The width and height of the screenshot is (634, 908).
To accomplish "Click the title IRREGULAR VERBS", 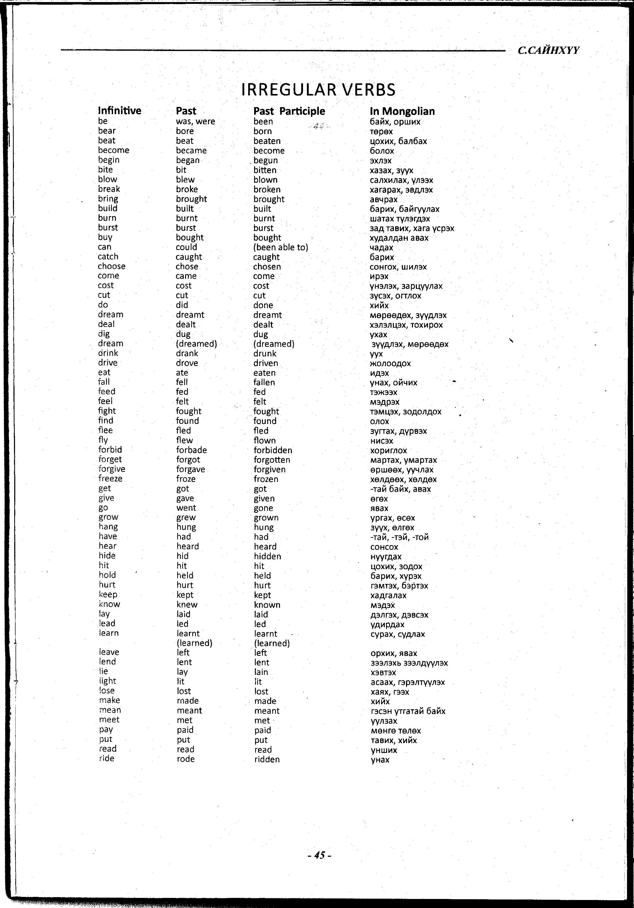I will [318, 90].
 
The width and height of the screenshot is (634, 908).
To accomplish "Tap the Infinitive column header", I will [119, 111].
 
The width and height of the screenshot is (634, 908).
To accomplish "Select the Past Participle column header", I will [289, 111].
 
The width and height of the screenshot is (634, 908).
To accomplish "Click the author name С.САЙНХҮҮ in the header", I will [548, 50].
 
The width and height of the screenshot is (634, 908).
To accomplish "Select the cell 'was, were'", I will [195, 121].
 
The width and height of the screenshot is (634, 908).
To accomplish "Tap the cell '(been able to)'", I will [280, 247].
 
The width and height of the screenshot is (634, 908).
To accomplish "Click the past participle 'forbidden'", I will [273, 450].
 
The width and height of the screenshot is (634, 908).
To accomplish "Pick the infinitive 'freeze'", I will [110, 479].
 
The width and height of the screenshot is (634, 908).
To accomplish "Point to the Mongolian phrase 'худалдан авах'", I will [399, 238].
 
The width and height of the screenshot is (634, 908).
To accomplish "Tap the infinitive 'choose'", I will [112, 266].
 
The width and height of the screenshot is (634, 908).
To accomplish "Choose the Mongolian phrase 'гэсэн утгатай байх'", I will [408, 711].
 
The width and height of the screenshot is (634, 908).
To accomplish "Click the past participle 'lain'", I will [261, 672].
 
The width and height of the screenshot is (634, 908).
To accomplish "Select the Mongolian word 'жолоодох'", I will [390, 363].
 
